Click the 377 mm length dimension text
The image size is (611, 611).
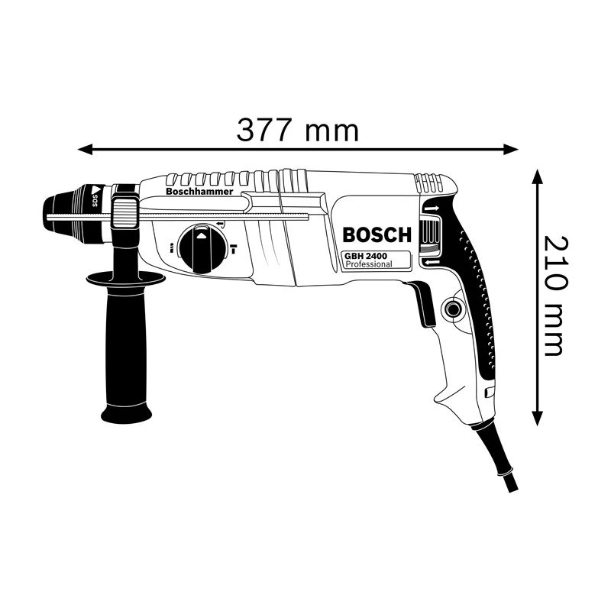(x=298, y=130)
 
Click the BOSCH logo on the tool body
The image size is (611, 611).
(x=377, y=234)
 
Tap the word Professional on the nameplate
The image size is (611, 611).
(x=369, y=264)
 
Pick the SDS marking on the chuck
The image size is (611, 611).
(x=94, y=196)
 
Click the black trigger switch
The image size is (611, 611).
(x=422, y=302)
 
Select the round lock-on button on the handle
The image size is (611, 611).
(x=451, y=309)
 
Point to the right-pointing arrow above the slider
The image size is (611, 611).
(x=432, y=209)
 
